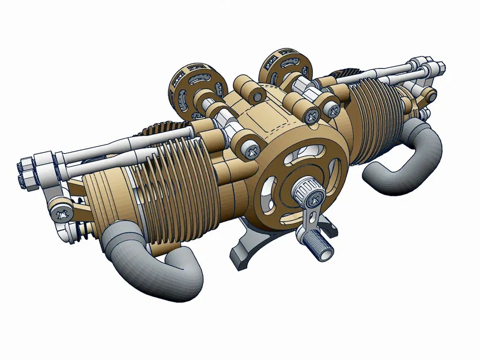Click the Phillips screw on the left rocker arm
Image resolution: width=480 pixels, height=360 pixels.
pyautogui.click(x=59, y=213)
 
